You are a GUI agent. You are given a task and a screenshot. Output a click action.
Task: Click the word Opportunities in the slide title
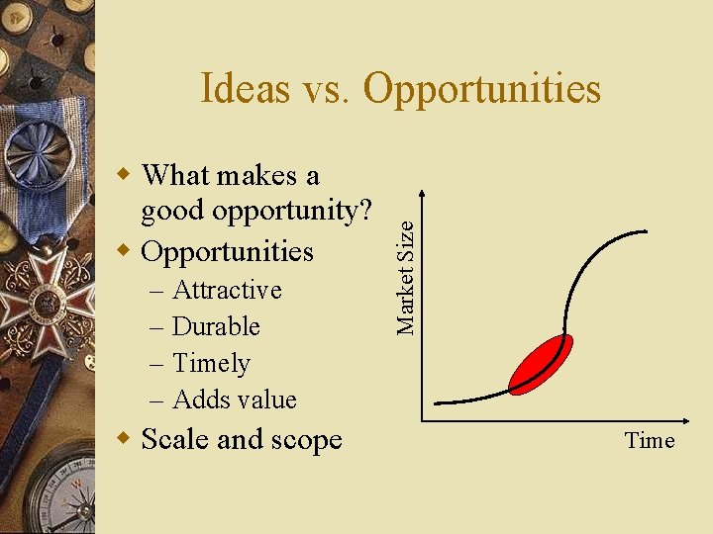pos(481,89)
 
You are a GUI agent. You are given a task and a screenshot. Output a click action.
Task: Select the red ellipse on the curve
pos(541,363)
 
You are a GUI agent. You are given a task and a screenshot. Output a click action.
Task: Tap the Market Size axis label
pos(405,262)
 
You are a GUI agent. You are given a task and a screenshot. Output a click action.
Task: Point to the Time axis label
pos(649,441)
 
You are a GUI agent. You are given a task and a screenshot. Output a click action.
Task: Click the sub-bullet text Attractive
pos(227,290)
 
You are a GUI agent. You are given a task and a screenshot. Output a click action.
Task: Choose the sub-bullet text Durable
pos(216,326)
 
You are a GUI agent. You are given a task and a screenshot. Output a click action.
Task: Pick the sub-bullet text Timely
pos(211,363)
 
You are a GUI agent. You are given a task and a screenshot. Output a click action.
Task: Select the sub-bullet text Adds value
pos(235,400)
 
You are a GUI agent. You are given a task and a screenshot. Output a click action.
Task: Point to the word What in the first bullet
pos(175,175)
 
